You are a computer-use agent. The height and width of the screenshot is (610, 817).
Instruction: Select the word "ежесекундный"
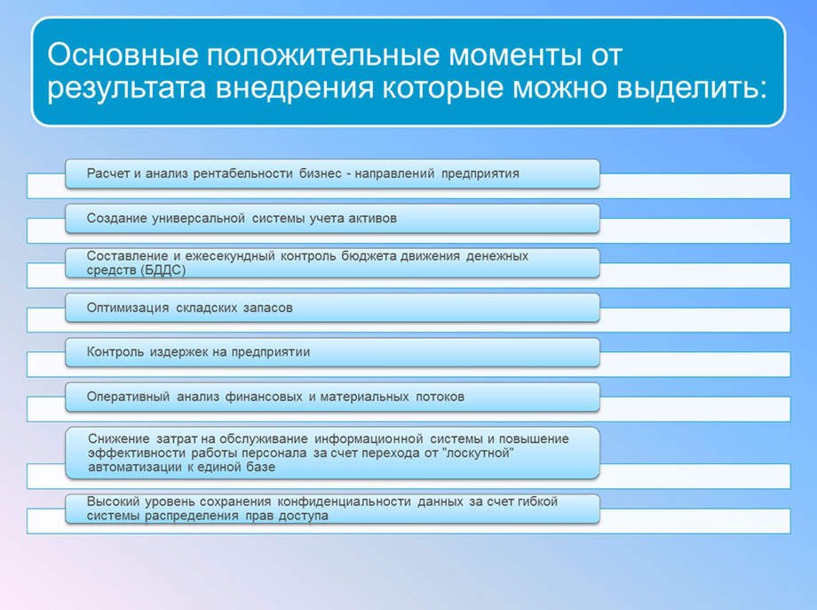click(x=234, y=256)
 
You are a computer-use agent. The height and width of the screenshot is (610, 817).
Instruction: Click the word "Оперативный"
click(x=128, y=397)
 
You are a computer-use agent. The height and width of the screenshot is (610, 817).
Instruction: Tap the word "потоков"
click(x=440, y=397)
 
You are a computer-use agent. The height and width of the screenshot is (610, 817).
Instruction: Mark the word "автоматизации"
click(x=134, y=467)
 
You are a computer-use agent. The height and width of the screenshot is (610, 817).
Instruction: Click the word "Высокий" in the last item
click(x=111, y=502)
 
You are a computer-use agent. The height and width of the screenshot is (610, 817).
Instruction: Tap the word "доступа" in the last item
click(x=305, y=516)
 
